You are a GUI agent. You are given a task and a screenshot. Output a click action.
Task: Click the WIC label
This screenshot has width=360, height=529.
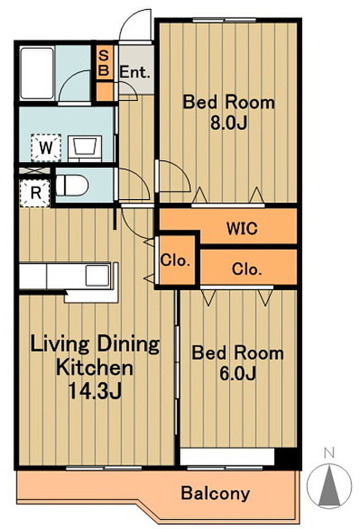pyautogui.click(x=242, y=228)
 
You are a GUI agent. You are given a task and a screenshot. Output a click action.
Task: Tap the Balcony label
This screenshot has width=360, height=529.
pyautogui.click(x=215, y=493)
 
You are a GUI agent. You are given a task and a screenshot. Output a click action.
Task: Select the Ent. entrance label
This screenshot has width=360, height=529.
pyautogui.click(x=135, y=72)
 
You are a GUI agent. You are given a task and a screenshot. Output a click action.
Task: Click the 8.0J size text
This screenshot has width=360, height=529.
pyautogui.click(x=229, y=123)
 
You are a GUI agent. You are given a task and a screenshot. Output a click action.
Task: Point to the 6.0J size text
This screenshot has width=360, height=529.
pyautogui.click(x=238, y=373)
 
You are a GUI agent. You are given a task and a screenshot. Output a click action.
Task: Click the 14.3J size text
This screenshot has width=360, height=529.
pyautogui.click(x=95, y=391)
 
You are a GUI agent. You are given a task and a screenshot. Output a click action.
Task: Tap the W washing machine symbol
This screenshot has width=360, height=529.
pyautogui.click(x=46, y=148)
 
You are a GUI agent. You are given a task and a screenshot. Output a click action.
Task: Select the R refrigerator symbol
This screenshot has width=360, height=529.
pyautogui.click(x=35, y=193)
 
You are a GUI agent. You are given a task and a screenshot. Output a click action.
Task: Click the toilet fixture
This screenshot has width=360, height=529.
pyautogui.click(x=72, y=185)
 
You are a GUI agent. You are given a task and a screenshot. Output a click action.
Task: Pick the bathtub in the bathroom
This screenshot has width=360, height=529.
pyautogui.click(x=37, y=74)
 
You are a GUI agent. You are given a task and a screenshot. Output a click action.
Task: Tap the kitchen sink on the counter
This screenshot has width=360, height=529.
pyautogui.click(x=98, y=276)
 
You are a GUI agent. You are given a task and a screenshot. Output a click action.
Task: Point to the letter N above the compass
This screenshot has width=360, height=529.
pyautogui.click(x=329, y=453)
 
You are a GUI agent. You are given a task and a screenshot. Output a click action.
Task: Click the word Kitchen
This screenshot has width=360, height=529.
pyautogui.click(x=95, y=368)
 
